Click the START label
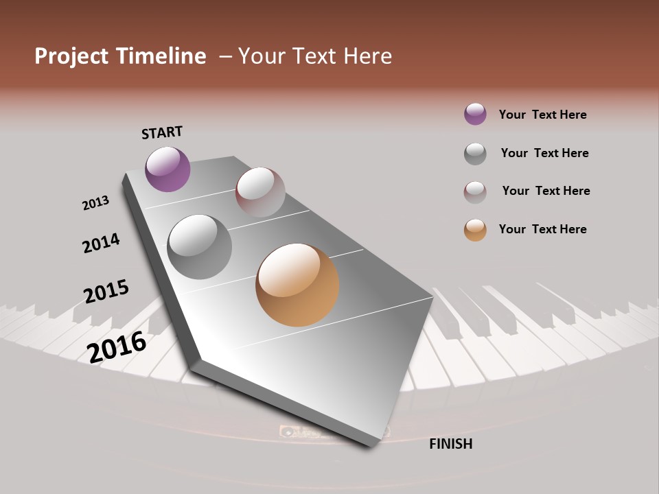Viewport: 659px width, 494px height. (162, 132)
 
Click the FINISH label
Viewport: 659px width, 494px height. (450, 444)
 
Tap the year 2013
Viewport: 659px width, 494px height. (95, 203)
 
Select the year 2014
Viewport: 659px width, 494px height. (101, 243)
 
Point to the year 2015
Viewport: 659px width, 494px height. (106, 292)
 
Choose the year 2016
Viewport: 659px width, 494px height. (117, 346)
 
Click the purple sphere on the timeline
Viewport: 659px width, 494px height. (167, 169)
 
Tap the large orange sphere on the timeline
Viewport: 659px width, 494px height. (297, 285)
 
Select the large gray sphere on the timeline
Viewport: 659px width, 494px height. (199, 246)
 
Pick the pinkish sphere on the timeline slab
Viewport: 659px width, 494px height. (260, 192)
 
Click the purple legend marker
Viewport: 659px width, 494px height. (475, 115)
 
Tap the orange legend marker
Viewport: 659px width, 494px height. (475, 230)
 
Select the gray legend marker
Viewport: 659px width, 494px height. (475, 154)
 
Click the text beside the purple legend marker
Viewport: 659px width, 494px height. (542, 115)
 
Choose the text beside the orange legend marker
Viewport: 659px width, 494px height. (542, 229)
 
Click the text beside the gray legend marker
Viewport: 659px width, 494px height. (544, 153)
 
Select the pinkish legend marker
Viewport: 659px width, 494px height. (475, 192)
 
